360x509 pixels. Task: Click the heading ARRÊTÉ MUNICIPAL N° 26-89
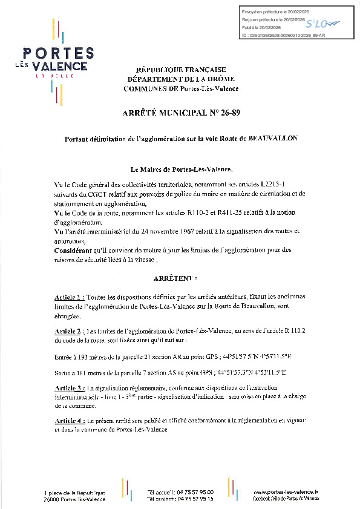pos(180,113)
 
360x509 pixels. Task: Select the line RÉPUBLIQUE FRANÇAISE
pos(180,70)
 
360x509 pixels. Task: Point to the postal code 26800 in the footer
pos(53,499)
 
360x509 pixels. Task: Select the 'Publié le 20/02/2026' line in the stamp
pos(261,28)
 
